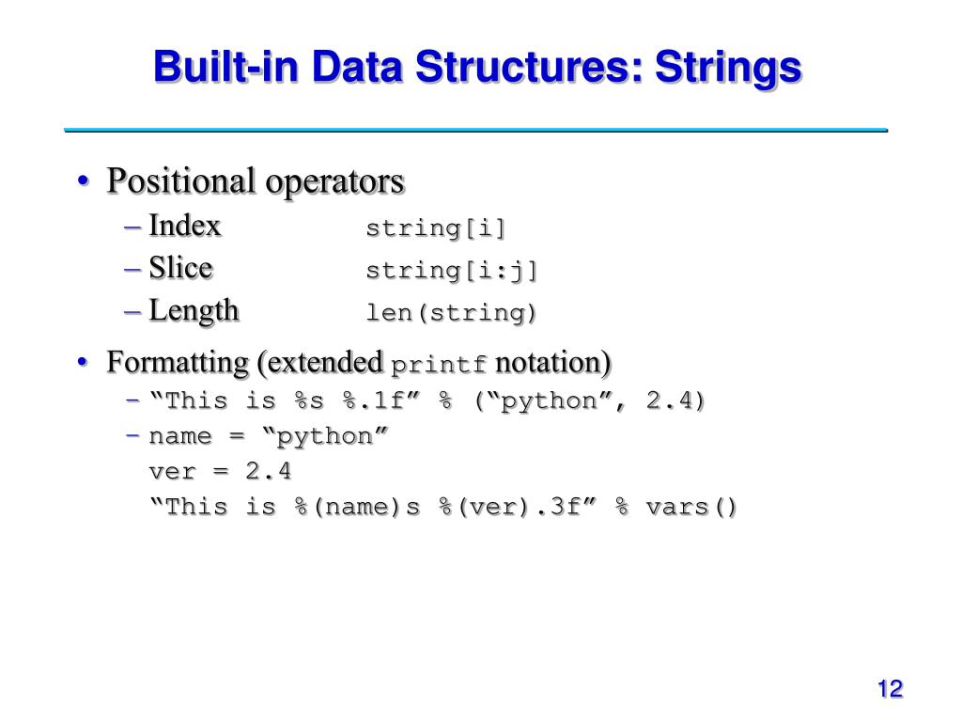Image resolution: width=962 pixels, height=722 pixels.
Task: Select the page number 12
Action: [x=890, y=689]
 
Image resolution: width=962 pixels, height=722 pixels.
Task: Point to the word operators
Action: [x=334, y=180]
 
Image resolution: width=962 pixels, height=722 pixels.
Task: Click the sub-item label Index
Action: [x=185, y=227]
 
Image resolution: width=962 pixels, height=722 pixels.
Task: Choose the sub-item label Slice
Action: [x=181, y=269]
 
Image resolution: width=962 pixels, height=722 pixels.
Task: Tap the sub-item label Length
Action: [x=194, y=311]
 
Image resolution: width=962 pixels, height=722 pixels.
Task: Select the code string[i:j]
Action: [x=452, y=271]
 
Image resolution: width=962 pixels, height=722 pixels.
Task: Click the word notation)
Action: [x=553, y=362]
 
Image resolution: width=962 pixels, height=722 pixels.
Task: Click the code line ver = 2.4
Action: [x=220, y=471]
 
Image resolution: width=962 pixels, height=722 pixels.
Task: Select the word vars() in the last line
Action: [x=691, y=507]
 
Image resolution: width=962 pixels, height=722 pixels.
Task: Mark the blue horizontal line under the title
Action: [x=475, y=130]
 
